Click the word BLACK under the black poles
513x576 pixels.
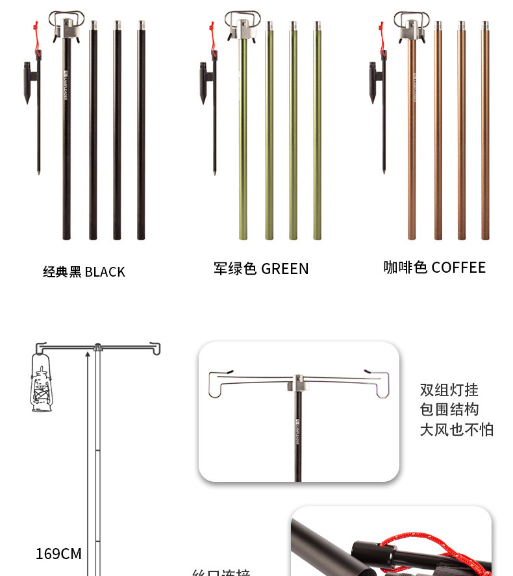tap(105, 272)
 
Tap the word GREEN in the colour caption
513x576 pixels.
tap(284, 269)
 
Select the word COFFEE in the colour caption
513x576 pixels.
tap(458, 268)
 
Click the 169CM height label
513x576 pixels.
tap(58, 554)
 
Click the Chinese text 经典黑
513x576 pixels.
tap(62, 272)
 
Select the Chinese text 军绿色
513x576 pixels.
tap(235, 269)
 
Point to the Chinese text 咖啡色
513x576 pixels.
tap(405, 268)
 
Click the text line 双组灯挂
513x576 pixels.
tap(449, 390)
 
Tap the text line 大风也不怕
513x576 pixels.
tap(457, 430)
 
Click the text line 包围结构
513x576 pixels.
tap(449, 410)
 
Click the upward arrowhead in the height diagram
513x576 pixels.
tap(88, 355)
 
